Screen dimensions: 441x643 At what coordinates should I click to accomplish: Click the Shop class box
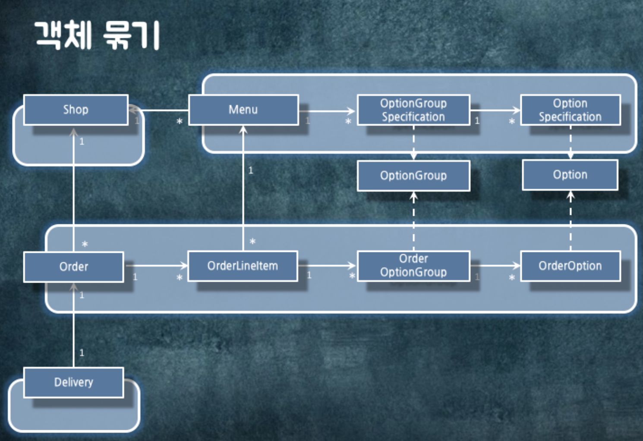[76, 110]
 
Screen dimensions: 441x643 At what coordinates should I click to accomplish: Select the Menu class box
[243, 110]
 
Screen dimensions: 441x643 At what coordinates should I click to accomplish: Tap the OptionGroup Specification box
[413, 110]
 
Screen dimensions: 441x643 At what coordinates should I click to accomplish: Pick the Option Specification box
[570, 110]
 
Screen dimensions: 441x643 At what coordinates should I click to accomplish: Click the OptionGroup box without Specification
[413, 176]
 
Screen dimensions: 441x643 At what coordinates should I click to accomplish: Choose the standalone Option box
[570, 175]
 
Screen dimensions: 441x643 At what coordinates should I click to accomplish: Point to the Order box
[73, 267]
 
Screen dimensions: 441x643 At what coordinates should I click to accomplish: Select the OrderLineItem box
[243, 266]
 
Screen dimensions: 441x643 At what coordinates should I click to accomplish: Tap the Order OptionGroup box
[413, 266]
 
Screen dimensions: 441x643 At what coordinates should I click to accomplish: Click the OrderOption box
[570, 266]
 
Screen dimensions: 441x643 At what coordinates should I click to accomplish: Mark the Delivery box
[73, 382]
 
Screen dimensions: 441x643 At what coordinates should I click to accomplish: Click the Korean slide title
[98, 35]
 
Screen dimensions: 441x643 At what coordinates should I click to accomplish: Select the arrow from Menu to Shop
[160, 110]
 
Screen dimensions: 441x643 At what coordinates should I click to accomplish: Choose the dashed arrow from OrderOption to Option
[571, 220]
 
